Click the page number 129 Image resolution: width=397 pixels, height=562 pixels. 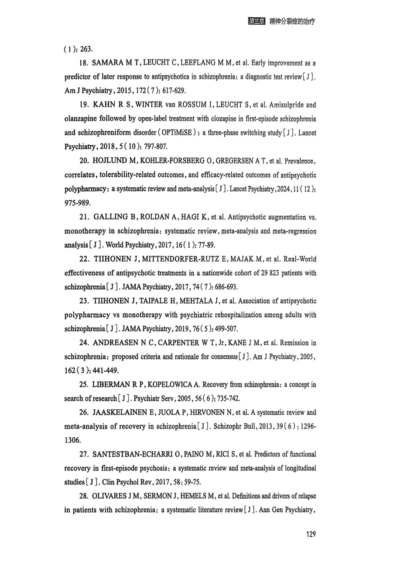point(310,534)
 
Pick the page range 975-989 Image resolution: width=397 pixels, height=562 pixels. point(78,203)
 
